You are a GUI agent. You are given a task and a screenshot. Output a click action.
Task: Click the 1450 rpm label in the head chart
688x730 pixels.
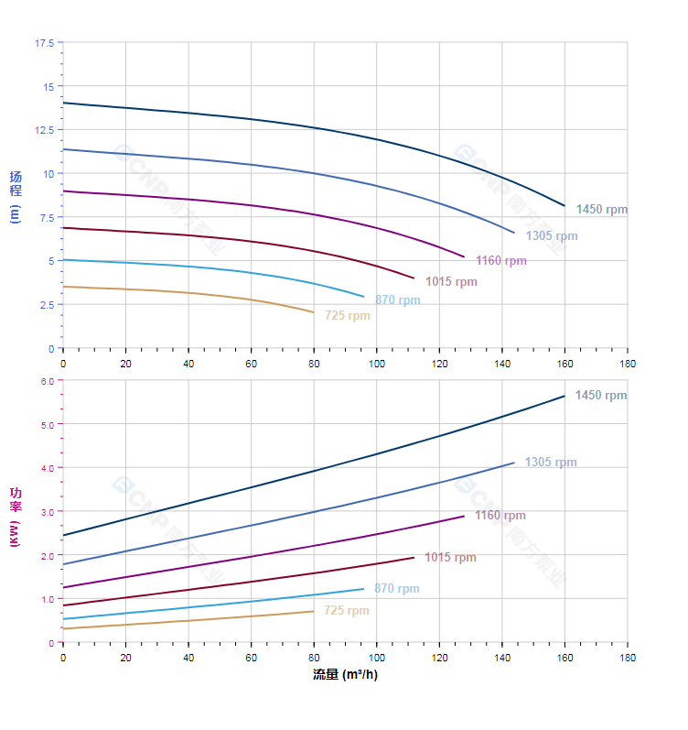[x=602, y=210]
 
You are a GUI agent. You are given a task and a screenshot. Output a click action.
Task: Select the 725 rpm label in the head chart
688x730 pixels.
[x=348, y=316]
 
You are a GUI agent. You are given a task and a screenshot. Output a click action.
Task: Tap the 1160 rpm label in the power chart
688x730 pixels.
[x=500, y=516]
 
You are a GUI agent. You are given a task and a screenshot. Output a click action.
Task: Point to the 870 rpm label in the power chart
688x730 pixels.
[x=397, y=589]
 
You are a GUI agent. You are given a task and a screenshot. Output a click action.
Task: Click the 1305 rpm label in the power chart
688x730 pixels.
[x=551, y=463]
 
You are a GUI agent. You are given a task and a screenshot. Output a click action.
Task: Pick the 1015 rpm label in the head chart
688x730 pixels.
[x=451, y=282]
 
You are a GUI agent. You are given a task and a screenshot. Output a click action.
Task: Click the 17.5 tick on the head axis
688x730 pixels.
[x=44, y=43]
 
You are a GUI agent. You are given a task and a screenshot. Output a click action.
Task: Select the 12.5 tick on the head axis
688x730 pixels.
[x=44, y=130]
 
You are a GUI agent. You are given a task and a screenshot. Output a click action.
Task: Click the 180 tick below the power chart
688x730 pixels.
[x=628, y=659]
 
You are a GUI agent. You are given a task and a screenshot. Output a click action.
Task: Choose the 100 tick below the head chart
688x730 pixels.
[x=376, y=365]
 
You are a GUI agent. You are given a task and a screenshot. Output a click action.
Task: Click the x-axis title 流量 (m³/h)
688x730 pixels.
[x=345, y=675]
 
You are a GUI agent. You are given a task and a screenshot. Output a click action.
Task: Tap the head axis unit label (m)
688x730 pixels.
[x=15, y=213]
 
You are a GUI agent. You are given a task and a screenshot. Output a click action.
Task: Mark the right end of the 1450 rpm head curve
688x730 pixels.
[x=564, y=205]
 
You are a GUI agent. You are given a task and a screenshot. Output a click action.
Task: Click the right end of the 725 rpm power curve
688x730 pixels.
[x=314, y=611]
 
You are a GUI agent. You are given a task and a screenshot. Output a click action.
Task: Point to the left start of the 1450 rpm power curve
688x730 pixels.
[x=63, y=535]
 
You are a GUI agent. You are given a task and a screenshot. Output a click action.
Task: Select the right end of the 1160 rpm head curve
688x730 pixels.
[x=465, y=257]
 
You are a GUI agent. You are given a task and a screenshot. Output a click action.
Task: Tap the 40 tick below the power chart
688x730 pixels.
[x=188, y=659]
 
